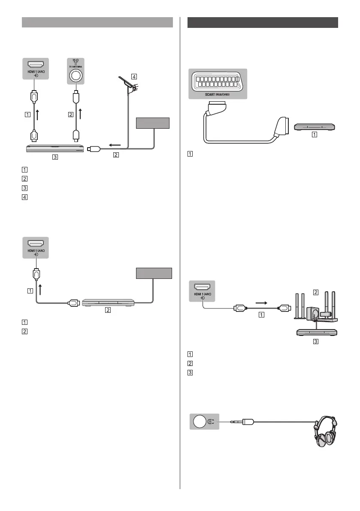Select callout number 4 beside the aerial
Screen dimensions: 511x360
134,77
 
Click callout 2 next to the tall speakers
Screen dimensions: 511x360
316,292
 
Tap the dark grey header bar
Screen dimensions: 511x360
263,22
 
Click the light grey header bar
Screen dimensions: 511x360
97,22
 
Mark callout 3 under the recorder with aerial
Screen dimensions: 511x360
54,157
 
